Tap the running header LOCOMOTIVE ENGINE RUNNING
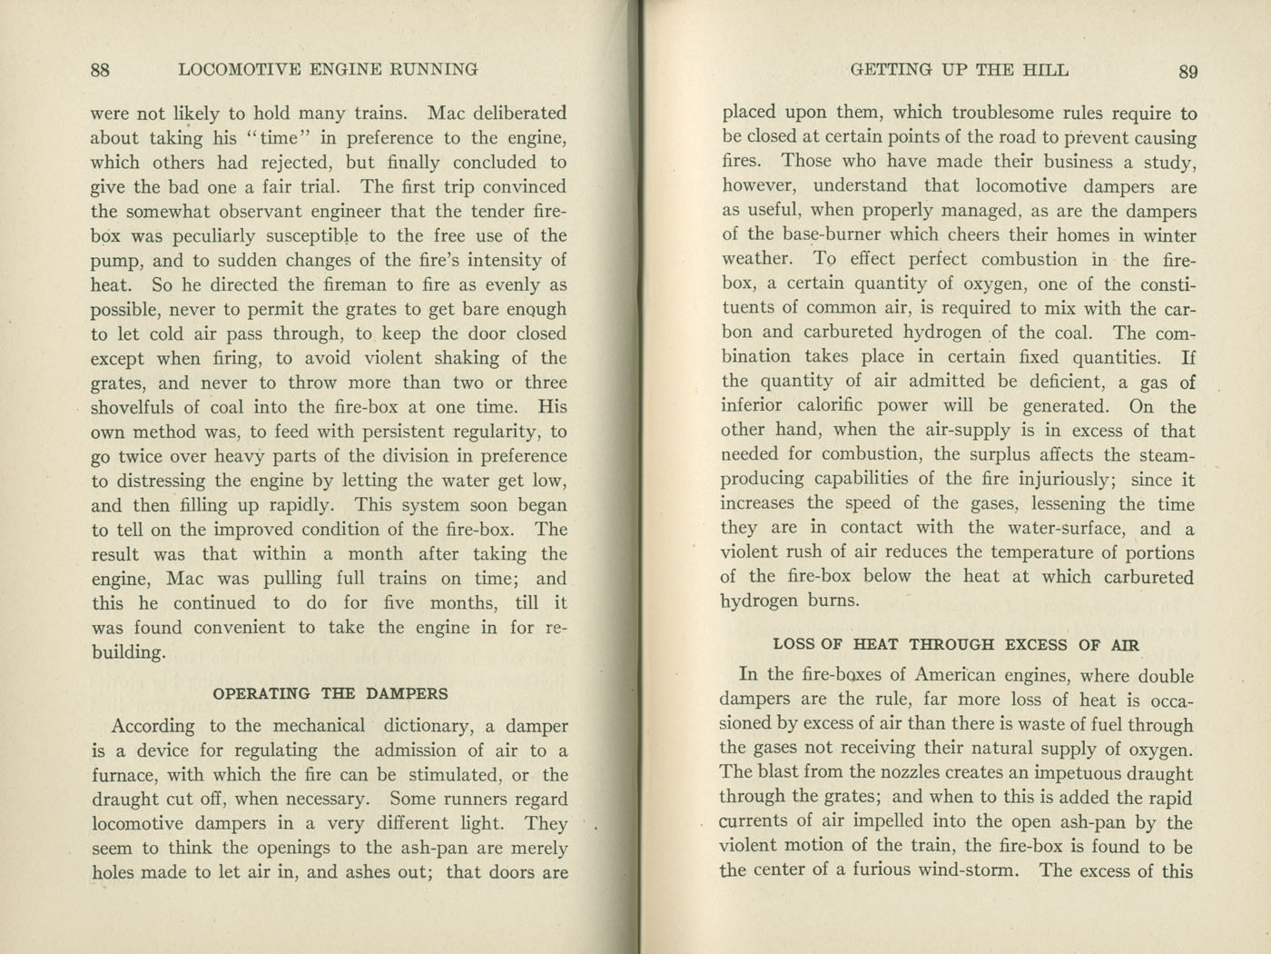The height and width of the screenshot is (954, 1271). [x=329, y=69]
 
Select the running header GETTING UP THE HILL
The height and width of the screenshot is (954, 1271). [x=960, y=70]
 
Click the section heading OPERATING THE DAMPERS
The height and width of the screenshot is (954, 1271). [x=330, y=693]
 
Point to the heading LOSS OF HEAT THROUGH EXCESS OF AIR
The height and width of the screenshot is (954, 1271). [x=956, y=644]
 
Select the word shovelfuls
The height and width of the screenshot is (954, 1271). [x=135, y=407]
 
